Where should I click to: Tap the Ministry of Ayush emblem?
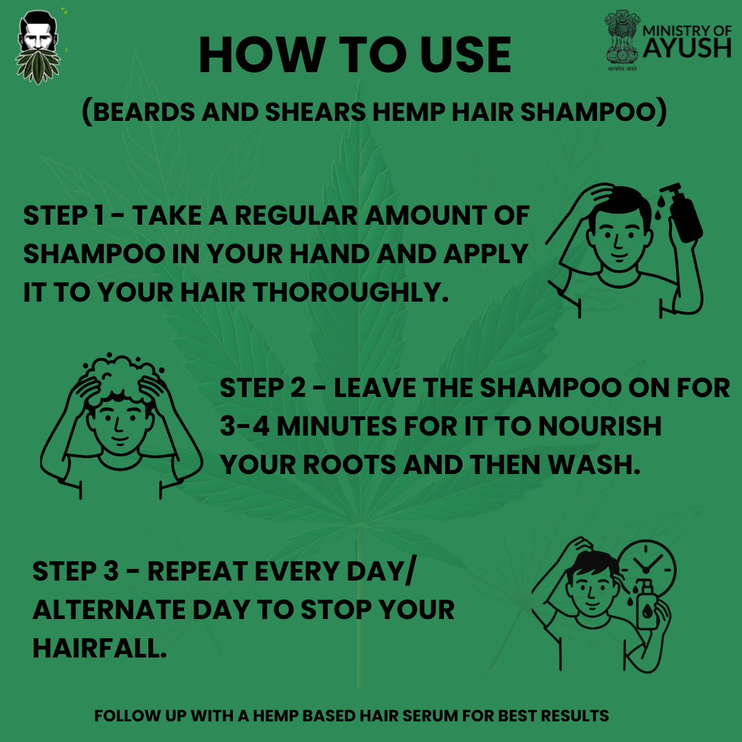click(x=622, y=39)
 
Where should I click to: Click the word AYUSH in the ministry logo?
click(x=686, y=49)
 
